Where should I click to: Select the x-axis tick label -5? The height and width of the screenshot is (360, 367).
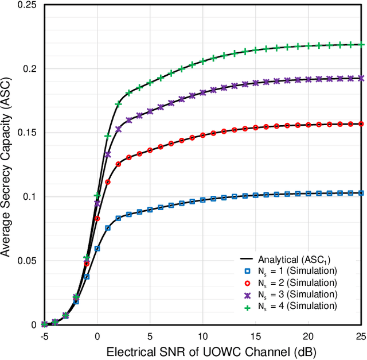[x=44, y=335]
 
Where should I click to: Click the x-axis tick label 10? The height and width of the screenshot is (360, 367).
[x=203, y=335]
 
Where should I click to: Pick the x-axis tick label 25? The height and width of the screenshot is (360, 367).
[x=361, y=335]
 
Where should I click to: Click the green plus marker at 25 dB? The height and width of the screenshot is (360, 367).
[x=361, y=44]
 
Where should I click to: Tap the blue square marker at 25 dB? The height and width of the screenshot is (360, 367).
[x=361, y=193]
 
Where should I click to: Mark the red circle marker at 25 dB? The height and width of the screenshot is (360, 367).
[x=361, y=123]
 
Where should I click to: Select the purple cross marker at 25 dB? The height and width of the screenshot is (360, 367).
[x=361, y=78]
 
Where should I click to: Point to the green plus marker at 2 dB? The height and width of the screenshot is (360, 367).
[x=118, y=104]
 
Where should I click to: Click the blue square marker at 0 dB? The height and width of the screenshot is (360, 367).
[x=97, y=249]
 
